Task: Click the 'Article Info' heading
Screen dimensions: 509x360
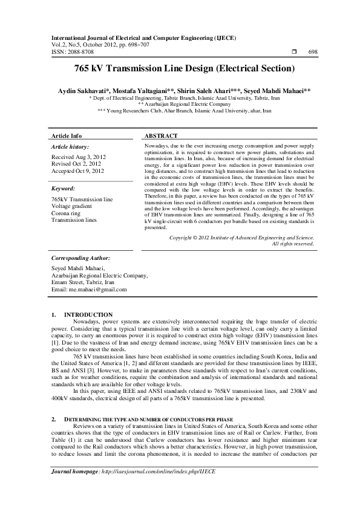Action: click(67, 136)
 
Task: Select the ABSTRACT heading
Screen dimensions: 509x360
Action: click(162, 136)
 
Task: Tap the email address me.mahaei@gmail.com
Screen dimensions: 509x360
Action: click(90, 290)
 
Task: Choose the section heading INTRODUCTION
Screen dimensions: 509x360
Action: click(88, 314)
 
